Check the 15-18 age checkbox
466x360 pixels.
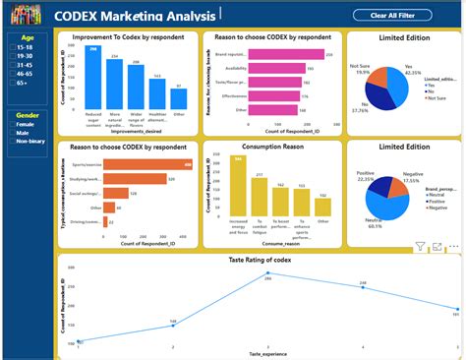[x=12, y=47]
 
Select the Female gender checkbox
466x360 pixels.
[x=12, y=125]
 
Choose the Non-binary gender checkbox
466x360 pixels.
[x=12, y=144]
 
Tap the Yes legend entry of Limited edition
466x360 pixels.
[x=434, y=85]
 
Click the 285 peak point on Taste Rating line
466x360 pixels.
[x=267, y=273]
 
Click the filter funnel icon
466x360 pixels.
[x=421, y=246]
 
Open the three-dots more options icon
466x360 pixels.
[x=453, y=246]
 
